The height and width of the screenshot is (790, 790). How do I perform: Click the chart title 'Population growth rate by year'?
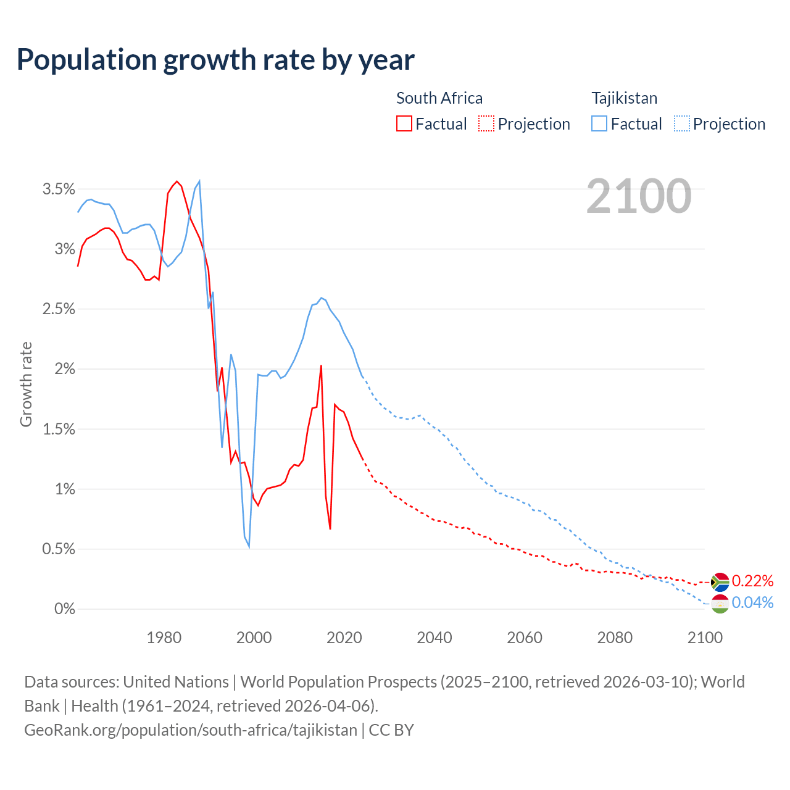tap(215, 60)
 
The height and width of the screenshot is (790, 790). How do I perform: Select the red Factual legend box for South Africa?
tap(404, 123)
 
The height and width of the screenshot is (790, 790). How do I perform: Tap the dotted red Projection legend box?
tap(486, 123)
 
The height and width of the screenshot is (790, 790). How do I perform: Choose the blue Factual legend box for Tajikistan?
tap(599, 123)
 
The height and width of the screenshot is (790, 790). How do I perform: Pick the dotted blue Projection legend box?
tap(682, 123)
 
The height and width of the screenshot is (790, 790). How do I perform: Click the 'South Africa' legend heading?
tap(439, 98)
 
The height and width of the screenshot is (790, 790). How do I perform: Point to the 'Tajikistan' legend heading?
tap(625, 98)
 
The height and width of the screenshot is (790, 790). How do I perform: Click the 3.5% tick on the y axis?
tap(59, 189)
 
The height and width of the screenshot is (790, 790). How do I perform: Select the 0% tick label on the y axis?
tap(65, 609)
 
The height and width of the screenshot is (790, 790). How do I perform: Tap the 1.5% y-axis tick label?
tap(59, 429)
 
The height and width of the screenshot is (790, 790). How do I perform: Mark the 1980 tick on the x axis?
tap(164, 638)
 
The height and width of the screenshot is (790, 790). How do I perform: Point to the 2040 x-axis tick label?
tap(434, 638)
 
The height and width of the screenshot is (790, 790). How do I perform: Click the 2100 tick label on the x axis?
tap(705, 638)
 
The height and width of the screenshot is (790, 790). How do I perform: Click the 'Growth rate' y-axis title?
tap(26, 384)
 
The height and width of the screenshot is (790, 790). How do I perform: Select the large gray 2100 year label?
tap(639, 196)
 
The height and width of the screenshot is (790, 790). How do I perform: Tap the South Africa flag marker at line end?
tap(720, 582)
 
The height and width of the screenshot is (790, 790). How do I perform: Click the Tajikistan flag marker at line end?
tap(720, 604)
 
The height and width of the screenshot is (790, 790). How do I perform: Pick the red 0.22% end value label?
tap(752, 581)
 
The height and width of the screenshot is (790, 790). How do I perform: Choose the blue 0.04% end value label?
tap(752, 603)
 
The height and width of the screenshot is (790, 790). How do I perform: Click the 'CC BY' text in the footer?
tap(391, 730)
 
